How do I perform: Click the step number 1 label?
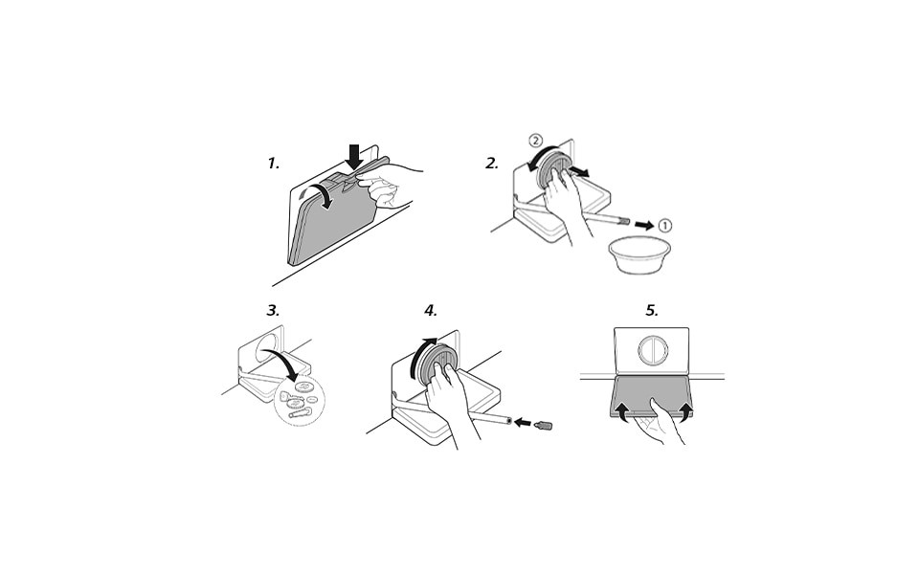click(x=273, y=164)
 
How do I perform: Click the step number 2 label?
click(x=492, y=164)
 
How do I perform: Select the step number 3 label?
click(x=273, y=310)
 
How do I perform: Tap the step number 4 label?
click(x=431, y=310)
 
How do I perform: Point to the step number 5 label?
click(x=652, y=310)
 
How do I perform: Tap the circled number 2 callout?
click(x=535, y=141)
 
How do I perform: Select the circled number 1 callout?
click(x=664, y=226)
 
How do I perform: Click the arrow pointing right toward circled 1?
click(x=644, y=225)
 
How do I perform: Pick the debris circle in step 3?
click(x=300, y=400)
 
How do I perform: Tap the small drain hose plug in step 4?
click(x=544, y=424)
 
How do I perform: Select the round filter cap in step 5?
click(x=652, y=349)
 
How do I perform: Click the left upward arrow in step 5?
click(x=622, y=410)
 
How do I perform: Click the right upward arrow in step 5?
click(x=685, y=410)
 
